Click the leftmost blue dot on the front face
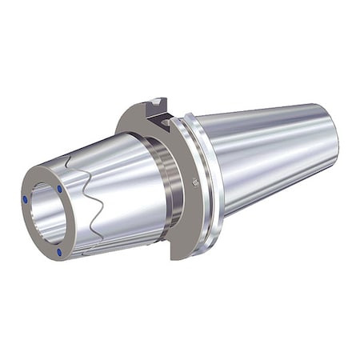(x=26, y=199)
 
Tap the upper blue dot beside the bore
(x=58, y=189)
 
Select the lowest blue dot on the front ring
(x=59, y=253)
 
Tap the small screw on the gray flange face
(x=196, y=182)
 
